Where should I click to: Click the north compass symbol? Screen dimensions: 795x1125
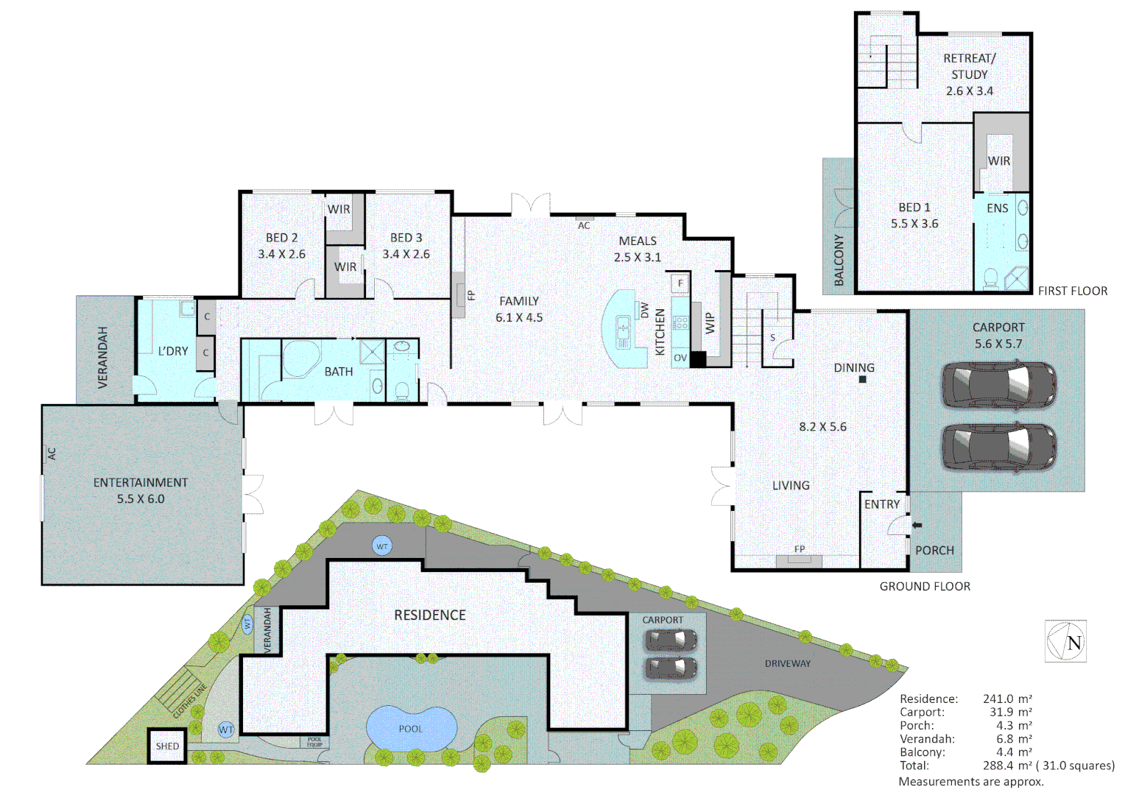click(1065, 641)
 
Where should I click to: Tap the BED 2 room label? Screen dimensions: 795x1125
click(282, 238)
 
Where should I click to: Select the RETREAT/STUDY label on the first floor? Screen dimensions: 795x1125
click(970, 66)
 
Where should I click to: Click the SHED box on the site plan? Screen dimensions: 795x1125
click(167, 746)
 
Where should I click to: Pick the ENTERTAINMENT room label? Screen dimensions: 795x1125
click(141, 483)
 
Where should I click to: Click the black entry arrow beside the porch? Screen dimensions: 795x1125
click(917, 525)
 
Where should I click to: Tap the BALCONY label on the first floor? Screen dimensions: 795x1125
click(839, 261)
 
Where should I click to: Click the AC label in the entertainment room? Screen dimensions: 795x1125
click(52, 453)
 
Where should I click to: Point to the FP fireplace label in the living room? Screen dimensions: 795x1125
click(800, 549)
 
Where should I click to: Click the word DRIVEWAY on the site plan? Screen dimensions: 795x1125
click(787, 663)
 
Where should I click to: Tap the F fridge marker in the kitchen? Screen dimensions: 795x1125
click(680, 283)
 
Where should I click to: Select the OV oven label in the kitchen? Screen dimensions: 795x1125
click(680, 358)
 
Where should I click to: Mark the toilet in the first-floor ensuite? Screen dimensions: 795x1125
click(991, 279)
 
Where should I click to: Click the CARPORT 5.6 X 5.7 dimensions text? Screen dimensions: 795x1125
click(998, 344)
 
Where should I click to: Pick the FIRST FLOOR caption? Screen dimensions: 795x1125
click(1072, 291)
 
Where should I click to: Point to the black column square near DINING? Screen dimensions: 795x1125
click(862, 380)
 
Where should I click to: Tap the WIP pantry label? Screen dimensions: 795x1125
click(710, 323)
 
